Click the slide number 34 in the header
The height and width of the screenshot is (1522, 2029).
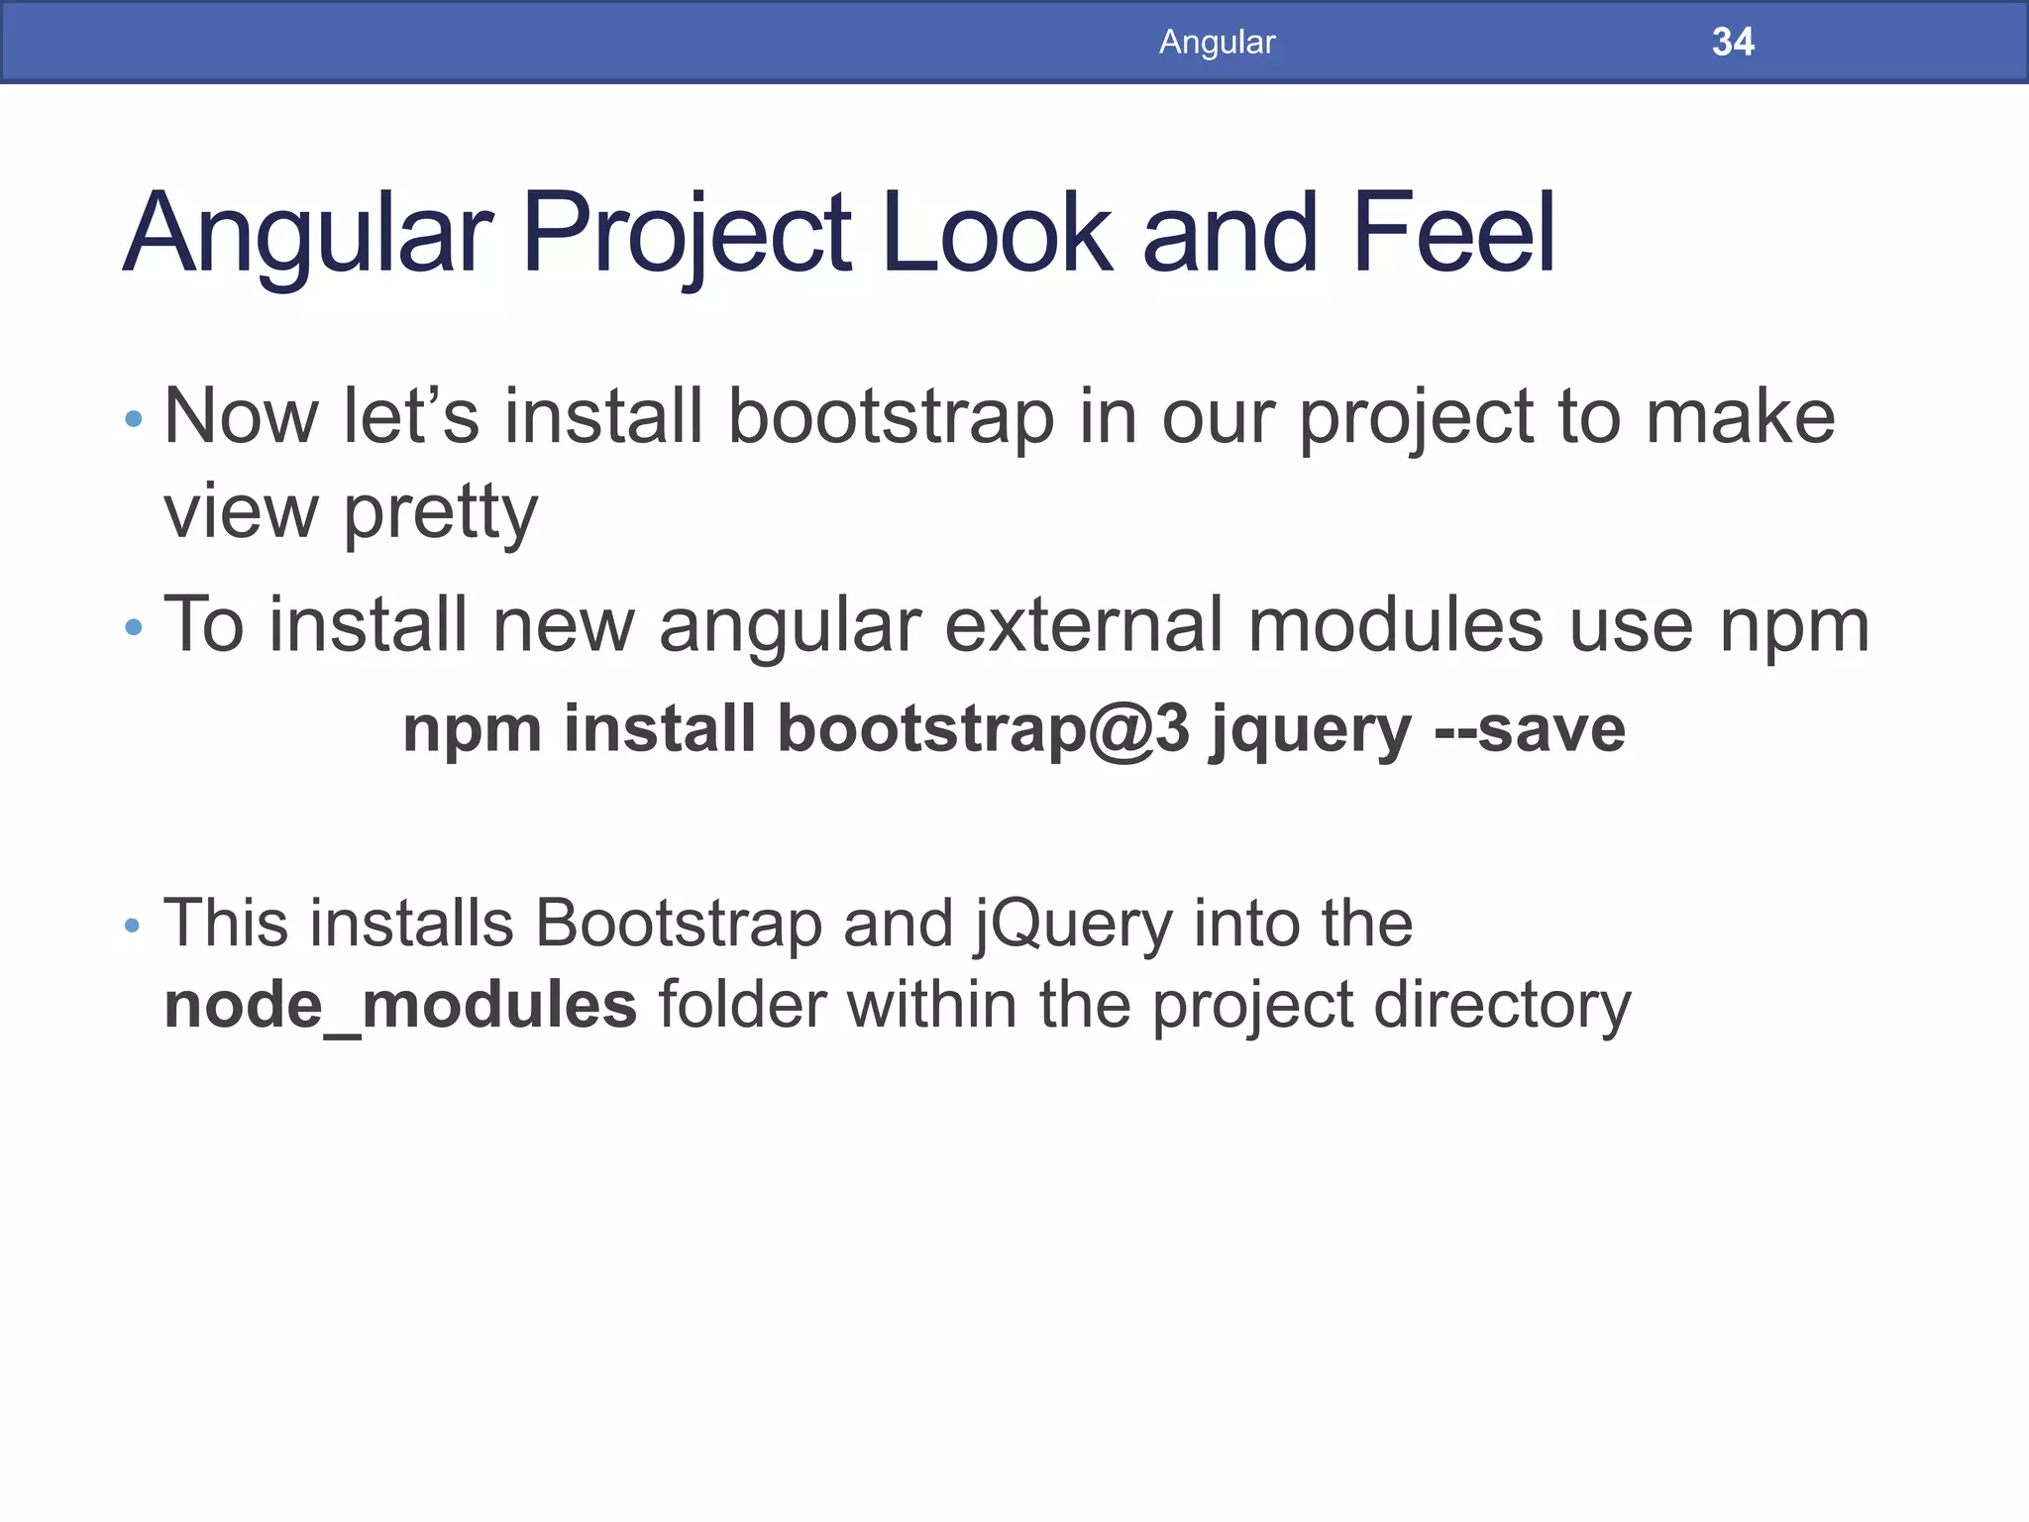(1732, 42)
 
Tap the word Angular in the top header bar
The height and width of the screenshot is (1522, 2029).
(1217, 42)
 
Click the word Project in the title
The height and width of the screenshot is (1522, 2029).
(686, 234)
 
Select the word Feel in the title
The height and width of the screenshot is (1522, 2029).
(1452, 234)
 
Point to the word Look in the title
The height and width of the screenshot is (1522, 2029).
(997, 234)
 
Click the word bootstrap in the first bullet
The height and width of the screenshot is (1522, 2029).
(891, 417)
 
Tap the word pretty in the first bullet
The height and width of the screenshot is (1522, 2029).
(440, 513)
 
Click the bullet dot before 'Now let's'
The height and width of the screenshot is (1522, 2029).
(134, 419)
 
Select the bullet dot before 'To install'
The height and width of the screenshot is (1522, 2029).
(134, 627)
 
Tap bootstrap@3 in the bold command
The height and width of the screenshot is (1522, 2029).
(983, 729)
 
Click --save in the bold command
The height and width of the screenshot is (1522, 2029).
(1530, 729)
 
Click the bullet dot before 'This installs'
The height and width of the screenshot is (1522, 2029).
(133, 926)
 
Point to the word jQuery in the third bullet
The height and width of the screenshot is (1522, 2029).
(1072, 924)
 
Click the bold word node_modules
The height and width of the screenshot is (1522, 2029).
(400, 1006)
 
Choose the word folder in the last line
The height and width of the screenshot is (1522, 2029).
(742, 1004)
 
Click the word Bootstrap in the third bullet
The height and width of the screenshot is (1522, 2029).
(679, 923)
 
